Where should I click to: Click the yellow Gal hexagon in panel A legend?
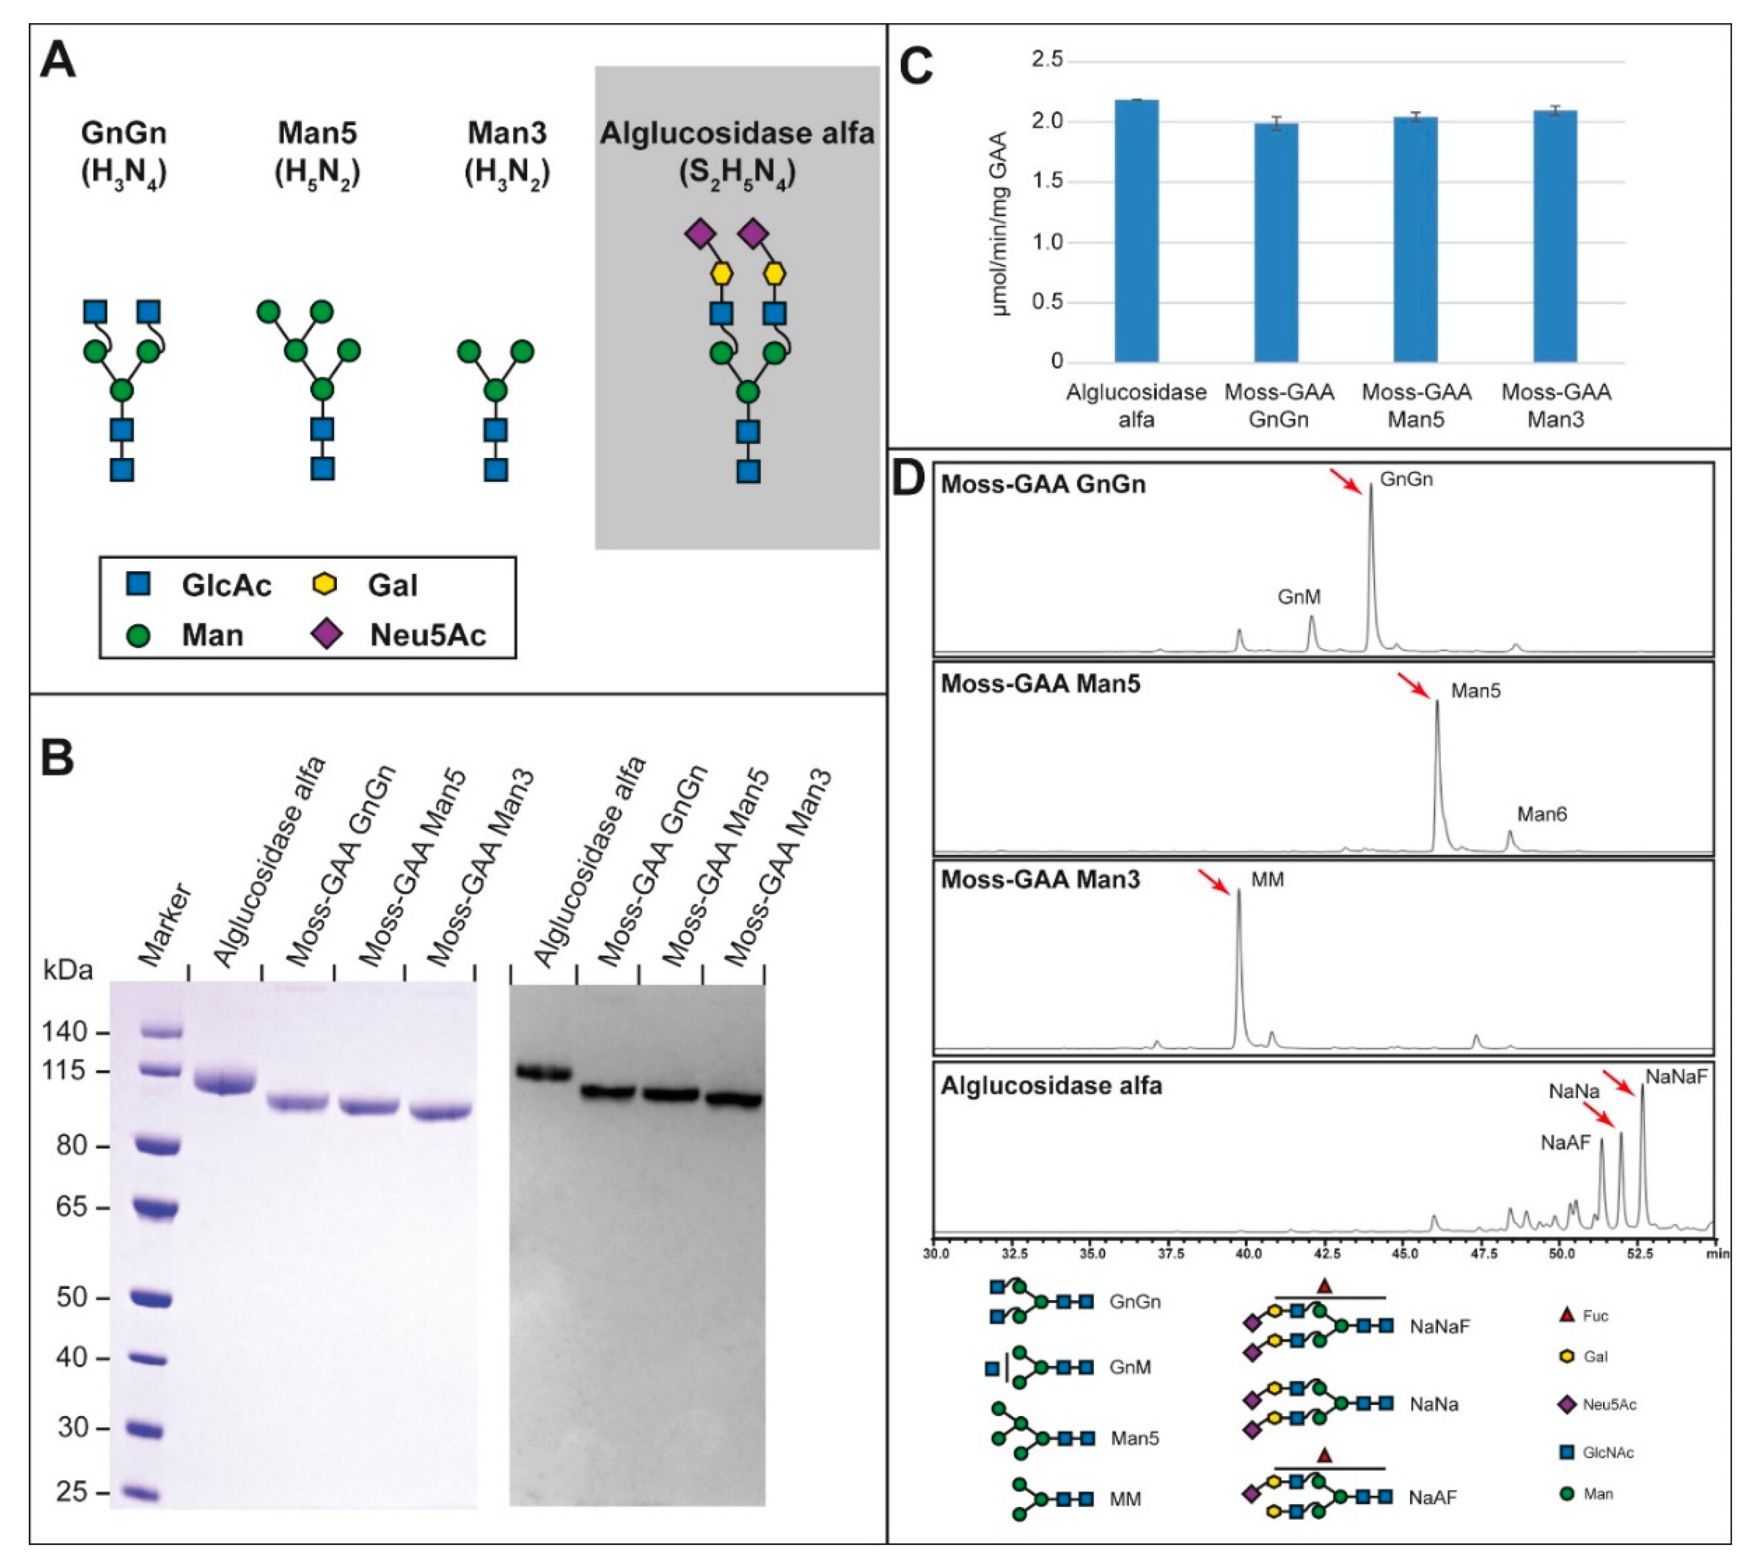point(323,585)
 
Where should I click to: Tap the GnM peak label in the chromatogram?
point(1298,597)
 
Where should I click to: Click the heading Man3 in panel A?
point(507,133)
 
